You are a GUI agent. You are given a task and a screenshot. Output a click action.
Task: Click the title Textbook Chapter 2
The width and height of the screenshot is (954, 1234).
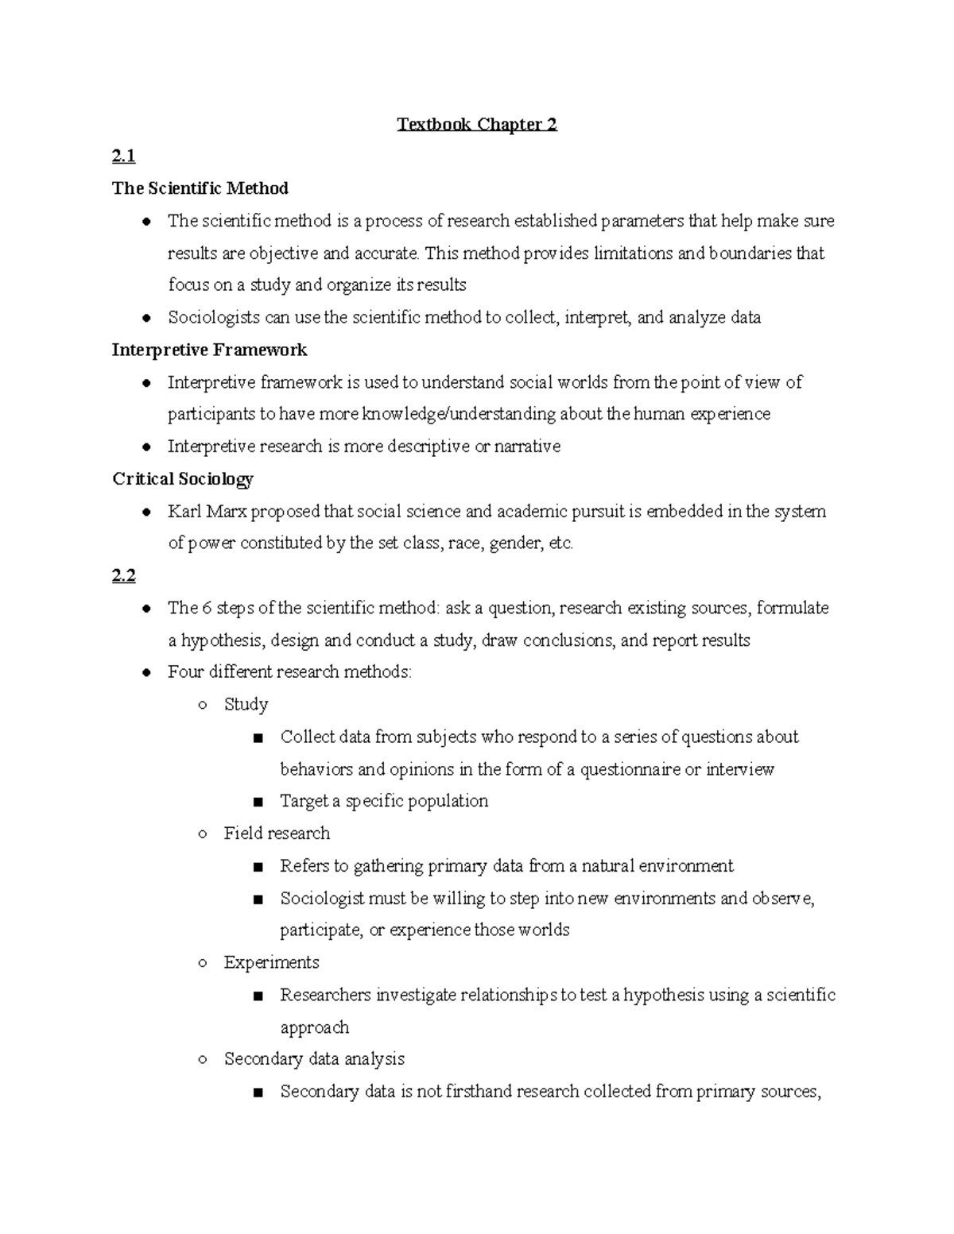click(x=477, y=125)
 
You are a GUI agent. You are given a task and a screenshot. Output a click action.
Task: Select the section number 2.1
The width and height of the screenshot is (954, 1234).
click(x=123, y=157)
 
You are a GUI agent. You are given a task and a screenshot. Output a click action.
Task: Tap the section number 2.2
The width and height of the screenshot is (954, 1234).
click(x=123, y=575)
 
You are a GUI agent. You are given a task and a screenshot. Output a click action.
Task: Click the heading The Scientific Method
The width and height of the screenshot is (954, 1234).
click(x=200, y=188)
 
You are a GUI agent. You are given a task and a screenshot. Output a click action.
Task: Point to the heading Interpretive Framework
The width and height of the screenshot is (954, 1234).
click(x=209, y=350)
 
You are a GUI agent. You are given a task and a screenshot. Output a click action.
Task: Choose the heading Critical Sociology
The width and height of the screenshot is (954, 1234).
click(x=182, y=478)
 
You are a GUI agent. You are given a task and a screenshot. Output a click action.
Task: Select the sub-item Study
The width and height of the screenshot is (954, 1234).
click(x=246, y=704)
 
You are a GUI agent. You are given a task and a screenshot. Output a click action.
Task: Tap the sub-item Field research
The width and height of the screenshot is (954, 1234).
click(x=276, y=833)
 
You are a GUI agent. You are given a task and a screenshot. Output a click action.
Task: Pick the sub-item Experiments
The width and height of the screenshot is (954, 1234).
click(x=271, y=962)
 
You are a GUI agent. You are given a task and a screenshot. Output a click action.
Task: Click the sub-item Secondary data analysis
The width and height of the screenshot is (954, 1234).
click(x=314, y=1058)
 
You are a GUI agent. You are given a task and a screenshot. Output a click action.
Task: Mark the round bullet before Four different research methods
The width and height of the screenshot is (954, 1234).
click(x=146, y=673)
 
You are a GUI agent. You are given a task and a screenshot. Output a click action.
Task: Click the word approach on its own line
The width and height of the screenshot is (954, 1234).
click(x=314, y=1027)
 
